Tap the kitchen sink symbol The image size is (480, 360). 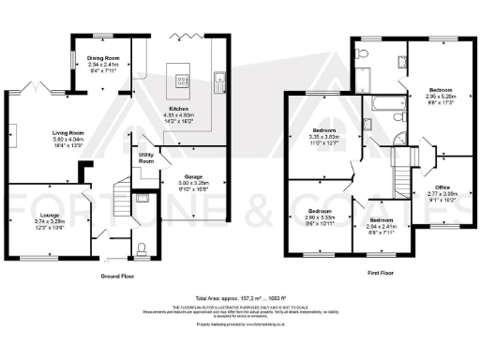click(217, 79)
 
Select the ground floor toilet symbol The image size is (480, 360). click(141, 247)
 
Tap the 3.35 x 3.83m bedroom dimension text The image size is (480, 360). click(328, 137)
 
